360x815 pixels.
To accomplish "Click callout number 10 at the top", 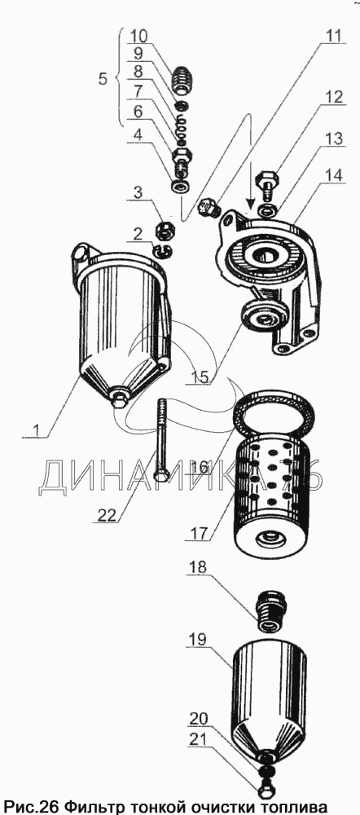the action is pos(138,37).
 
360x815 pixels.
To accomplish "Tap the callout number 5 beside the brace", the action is pos(103,79).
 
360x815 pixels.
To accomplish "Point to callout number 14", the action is pos(334,176).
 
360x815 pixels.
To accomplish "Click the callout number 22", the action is pos(107,514).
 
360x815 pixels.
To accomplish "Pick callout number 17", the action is pos(199,533).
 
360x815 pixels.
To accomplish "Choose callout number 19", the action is pos(197,638).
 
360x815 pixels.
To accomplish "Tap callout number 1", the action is pos(36,430).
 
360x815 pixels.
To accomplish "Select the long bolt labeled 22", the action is pos(161,441).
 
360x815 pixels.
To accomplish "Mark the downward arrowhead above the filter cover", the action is pos(251,203).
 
